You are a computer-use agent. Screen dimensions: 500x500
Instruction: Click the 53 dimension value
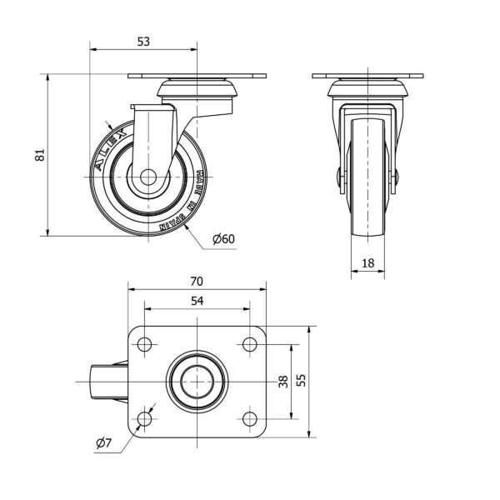(x=143, y=42)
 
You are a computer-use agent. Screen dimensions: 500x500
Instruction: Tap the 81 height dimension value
(x=40, y=155)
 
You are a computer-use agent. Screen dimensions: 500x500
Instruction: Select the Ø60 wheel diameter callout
(x=223, y=239)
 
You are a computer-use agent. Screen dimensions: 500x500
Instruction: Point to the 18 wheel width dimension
(x=367, y=263)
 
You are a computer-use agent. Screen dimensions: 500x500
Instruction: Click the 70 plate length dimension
(x=197, y=282)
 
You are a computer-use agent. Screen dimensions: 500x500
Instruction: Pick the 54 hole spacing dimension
(x=197, y=301)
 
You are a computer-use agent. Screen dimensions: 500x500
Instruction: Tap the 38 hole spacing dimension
(x=283, y=382)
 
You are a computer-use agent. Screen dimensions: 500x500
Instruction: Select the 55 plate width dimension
(x=301, y=380)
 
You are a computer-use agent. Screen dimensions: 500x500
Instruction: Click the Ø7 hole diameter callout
(x=103, y=443)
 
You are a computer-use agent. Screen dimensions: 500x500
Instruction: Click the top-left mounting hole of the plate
(x=144, y=344)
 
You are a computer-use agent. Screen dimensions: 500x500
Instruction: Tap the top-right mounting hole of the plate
(x=250, y=344)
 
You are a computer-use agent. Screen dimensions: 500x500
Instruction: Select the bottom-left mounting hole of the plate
(x=144, y=418)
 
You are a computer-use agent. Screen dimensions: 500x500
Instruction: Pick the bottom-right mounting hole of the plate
(x=250, y=418)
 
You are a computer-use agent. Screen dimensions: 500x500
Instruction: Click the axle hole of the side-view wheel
(x=148, y=177)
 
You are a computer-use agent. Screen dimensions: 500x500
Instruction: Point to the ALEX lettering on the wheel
(x=111, y=149)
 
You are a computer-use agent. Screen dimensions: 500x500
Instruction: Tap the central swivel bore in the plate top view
(x=197, y=382)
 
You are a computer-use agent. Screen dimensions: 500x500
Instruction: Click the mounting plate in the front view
(x=367, y=76)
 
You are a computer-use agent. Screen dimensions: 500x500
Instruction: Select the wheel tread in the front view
(x=367, y=177)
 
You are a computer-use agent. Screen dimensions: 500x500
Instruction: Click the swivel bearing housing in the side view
(x=197, y=88)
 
